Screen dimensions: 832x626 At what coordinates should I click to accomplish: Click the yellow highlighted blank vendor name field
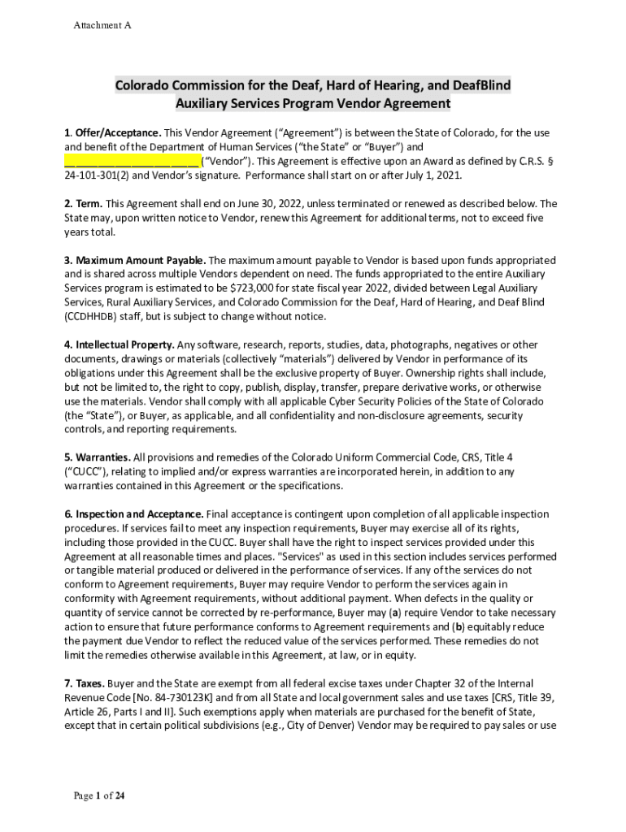click(x=132, y=160)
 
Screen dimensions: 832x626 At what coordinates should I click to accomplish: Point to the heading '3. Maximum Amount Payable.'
click(x=135, y=260)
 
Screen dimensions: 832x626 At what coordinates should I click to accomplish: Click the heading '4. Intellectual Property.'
click(x=120, y=344)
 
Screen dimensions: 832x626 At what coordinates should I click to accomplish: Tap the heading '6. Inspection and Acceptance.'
click(x=134, y=514)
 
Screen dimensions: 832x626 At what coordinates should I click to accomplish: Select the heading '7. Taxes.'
click(x=84, y=683)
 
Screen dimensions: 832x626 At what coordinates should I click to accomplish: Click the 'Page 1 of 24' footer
click(x=98, y=795)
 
